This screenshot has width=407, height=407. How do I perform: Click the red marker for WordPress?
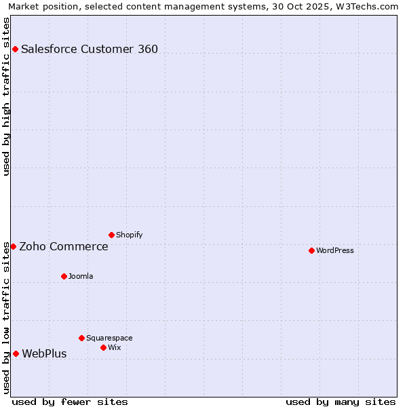(x=311, y=250)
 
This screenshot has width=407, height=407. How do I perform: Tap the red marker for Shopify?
(x=111, y=235)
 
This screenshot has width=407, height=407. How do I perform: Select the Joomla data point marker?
(x=64, y=276)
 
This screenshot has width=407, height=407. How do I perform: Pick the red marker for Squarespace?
(x=81, y=338)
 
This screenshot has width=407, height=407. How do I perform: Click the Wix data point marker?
(x=103, y=347)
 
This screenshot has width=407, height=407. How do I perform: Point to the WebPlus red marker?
(x=16, y=353)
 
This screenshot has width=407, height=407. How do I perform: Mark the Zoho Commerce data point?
(x=13, y=246)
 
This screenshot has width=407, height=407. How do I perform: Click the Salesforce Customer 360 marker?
(x=15, y=49)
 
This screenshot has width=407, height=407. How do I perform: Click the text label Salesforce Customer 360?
(x=90, y=49)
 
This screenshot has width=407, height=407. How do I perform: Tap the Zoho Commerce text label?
(x=64, y=246)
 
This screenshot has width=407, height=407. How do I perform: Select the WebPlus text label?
(x=44, y=353)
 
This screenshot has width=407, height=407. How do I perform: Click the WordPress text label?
(x=335, y=250)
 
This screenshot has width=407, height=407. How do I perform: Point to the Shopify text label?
(x=129, y=235)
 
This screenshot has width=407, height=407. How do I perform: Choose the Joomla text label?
(x=81, y=276)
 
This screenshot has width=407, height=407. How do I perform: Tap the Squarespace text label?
(x=109, y=338)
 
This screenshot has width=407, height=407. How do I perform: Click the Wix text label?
(x=114, y=347)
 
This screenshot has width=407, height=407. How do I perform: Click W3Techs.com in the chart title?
(x=370, y=6)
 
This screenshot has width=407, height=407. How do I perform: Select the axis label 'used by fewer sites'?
(x=70, y=402)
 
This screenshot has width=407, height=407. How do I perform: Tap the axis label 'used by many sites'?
(x=341, y=402)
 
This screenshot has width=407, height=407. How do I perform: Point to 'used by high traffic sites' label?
(x=6, y=96)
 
